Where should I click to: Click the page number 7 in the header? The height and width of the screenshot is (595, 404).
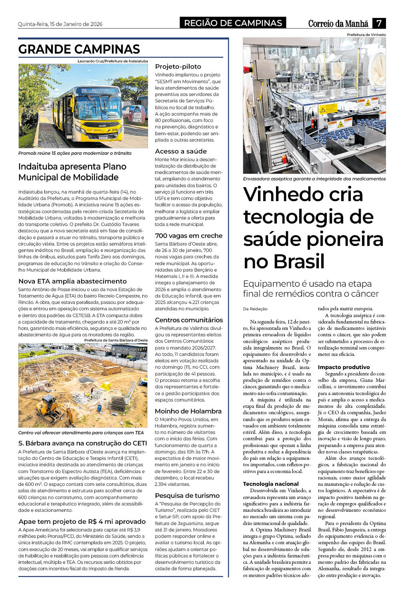(x=378, y=23)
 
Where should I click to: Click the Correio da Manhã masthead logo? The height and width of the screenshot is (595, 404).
(x=338, y=24)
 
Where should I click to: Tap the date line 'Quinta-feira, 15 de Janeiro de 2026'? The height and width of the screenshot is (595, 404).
(x=60, y=24)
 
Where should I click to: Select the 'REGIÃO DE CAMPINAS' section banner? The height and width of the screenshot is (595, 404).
(x=233, y=23)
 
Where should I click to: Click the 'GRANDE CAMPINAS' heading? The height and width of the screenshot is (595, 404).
(x=79, y=49)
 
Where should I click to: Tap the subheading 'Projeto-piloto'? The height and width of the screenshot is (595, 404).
(x=178, y=66)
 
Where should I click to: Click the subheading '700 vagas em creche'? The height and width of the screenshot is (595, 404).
(x=189, y=236)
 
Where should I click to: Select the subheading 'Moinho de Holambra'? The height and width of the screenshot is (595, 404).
(x=188, y=411)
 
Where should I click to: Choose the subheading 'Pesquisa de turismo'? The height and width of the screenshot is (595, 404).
(x=187, y=495)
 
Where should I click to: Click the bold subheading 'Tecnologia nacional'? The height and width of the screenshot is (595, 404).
(x=271, y=484)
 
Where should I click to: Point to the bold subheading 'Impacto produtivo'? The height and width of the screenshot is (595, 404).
(x=344, y=367)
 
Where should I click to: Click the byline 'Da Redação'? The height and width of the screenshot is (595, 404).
(x=255, y=309)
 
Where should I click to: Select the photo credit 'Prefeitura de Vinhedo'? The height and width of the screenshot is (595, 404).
(x=366, y=35)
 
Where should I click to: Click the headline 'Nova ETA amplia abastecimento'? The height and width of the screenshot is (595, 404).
(x=72, y=281)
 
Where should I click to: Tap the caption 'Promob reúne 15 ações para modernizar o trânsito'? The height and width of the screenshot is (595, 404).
(x=75, y=153)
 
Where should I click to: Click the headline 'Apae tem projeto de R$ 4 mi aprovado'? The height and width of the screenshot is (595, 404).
(x=82, y=521)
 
